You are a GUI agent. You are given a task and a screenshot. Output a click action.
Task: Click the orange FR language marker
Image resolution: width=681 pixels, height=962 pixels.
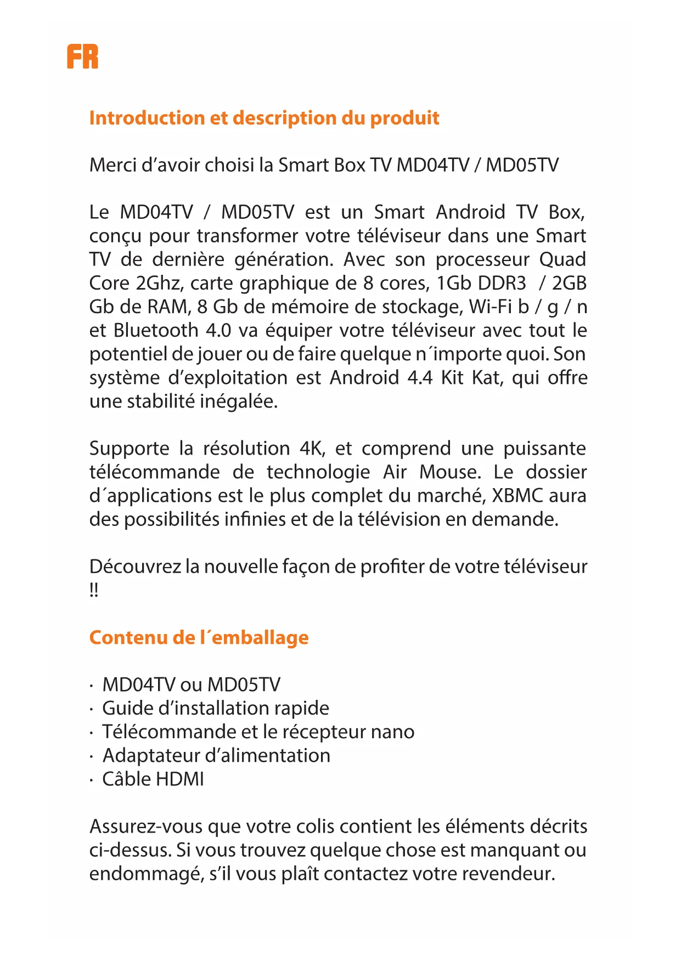(x=82, y=56)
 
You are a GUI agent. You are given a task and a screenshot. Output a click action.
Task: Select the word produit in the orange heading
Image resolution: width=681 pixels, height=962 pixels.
(x=405, y=118)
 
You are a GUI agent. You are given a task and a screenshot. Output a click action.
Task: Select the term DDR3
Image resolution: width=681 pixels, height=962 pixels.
(x=502, y=283)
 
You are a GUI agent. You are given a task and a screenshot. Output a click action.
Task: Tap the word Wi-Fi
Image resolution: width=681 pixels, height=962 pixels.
(x=490, y=307)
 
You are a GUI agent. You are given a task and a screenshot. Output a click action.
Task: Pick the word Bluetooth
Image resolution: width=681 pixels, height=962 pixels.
(x=156, y=330)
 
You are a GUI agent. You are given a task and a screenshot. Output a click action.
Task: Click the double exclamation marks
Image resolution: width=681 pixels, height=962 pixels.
(x=94, y=590)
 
